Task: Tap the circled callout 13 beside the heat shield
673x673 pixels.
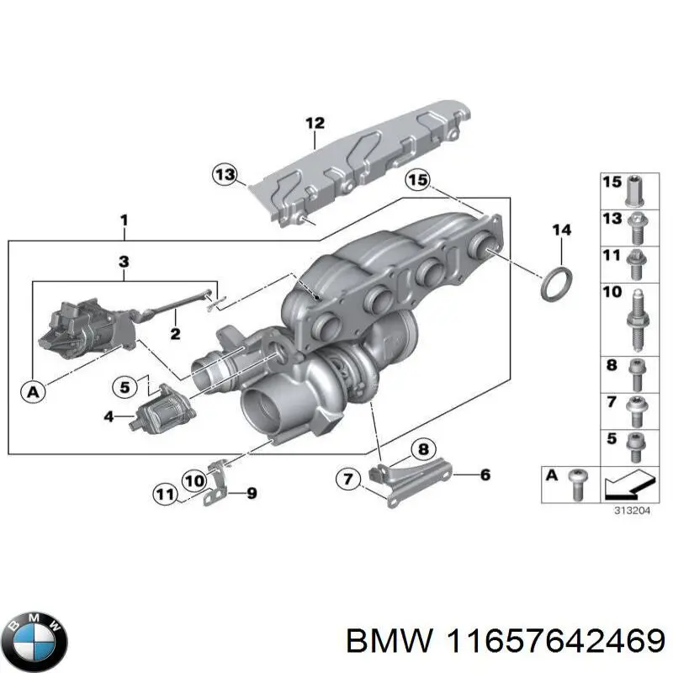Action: tap(225, 175)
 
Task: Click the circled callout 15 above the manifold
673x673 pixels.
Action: tap(417, 180)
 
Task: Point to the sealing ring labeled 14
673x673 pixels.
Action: tap(552, 282)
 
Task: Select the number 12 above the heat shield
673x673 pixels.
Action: tap(314, 124)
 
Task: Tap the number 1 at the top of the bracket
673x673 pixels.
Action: tap(124, 221)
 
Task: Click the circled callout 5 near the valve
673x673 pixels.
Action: tap(125, 388)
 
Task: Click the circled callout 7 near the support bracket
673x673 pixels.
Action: tap(347, 480)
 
